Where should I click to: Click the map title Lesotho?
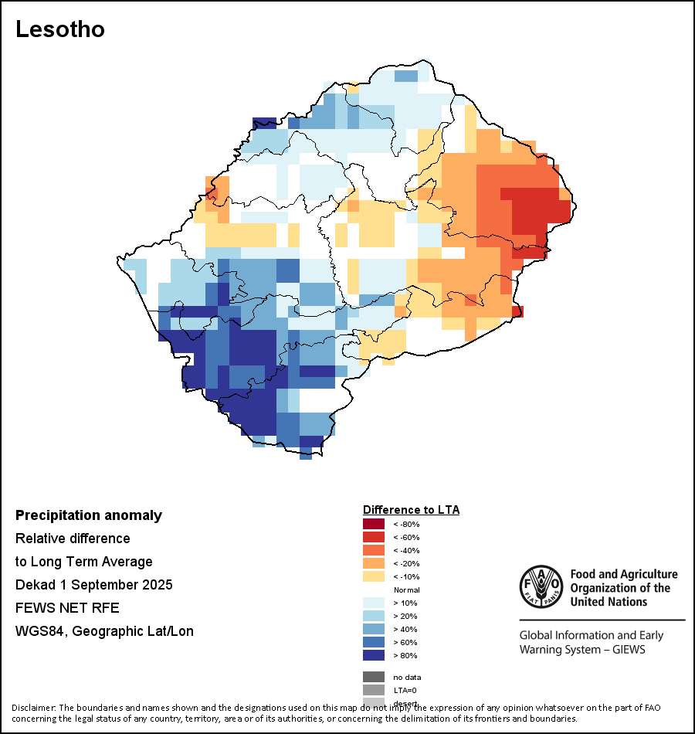tap(60, 29)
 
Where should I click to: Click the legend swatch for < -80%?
tap(373, 524)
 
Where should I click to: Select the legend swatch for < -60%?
tap(373, 537)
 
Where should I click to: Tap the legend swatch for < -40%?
tap(373, 550)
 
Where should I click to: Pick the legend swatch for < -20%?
tap(373, 563)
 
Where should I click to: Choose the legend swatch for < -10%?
tap(373, 576)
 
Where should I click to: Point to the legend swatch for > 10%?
tap(373, 603)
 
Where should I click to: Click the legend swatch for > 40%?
tap(373, 629)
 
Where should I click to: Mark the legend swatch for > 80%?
tap(373, 655)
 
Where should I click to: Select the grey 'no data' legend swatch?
tap(373, 677)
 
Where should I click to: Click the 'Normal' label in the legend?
tap(407, 590)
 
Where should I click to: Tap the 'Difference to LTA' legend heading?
tap(411, 510)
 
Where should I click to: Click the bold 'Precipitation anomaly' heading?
tap(89, 515)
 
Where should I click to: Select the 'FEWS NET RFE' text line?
tap(67, 608)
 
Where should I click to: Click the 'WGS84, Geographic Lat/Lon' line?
tap(104, 631)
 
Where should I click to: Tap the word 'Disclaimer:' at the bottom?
tap(34, 708)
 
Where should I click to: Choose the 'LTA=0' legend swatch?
tap(373, 690)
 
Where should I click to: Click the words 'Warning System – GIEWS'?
tap(582, 649)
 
